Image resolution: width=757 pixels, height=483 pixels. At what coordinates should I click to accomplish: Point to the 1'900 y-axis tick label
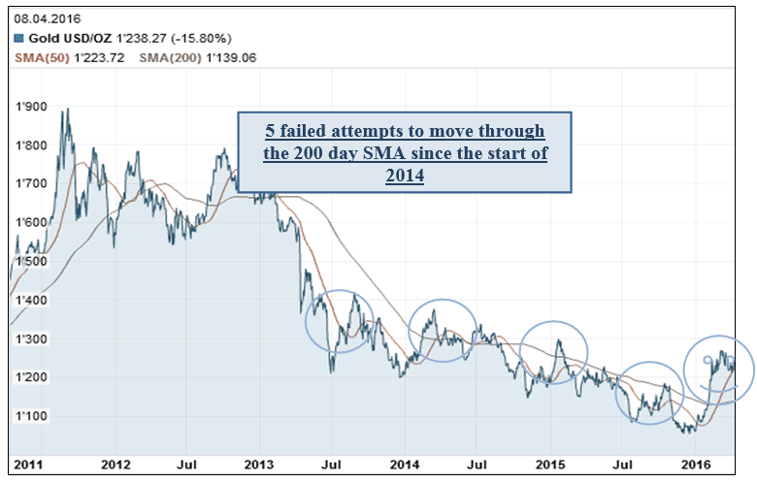[x=30, y=107]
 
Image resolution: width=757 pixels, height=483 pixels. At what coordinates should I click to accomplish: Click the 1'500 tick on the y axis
[x=30, y=261]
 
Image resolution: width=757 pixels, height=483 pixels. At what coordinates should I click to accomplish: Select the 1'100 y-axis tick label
[x=30, y=416]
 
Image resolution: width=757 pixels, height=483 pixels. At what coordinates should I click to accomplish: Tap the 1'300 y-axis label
[x=30, y=338]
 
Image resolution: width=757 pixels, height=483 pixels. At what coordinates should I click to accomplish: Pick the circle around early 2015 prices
[x=554, y=352]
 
